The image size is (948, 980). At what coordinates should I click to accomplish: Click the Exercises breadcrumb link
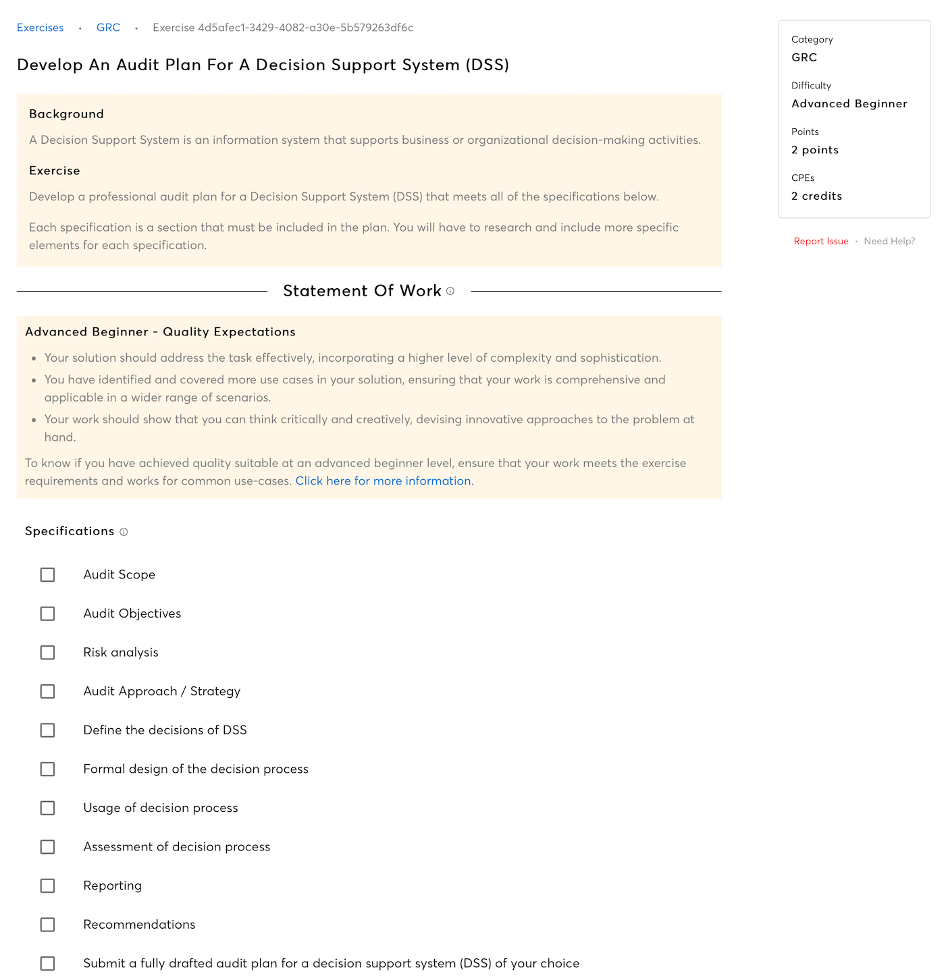[41, 28]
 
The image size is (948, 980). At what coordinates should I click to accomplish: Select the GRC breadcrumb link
[108, 28]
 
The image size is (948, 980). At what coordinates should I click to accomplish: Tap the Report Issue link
[820, 241]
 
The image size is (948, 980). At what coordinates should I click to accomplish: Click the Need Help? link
[889, 241]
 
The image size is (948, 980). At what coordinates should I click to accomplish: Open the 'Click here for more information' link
[384, 481]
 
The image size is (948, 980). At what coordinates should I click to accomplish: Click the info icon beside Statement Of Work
[450, 291]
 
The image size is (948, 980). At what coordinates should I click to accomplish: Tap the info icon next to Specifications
[124, 532]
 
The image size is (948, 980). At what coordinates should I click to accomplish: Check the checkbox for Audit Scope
[47, 574]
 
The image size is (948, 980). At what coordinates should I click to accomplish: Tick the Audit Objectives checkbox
[47, 614]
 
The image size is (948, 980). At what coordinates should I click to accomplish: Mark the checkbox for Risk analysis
[47, 653]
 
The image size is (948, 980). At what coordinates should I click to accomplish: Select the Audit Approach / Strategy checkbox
[47, 691]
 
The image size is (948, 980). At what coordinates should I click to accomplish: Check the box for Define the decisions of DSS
[47, 730]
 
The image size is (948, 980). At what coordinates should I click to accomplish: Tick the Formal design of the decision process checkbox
[47, 769]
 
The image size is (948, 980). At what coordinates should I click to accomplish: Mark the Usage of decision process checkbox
[47, 808]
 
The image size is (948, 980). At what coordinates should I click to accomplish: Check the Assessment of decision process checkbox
[47, 847]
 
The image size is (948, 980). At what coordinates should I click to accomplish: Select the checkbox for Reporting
[47, 886]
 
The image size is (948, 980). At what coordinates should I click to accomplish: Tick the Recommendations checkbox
[47, 925]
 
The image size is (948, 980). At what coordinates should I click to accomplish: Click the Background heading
[66, 114]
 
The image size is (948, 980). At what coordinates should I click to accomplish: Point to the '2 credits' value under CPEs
[816, 196]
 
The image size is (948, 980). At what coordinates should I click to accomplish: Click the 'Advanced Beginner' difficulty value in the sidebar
[849, 103]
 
